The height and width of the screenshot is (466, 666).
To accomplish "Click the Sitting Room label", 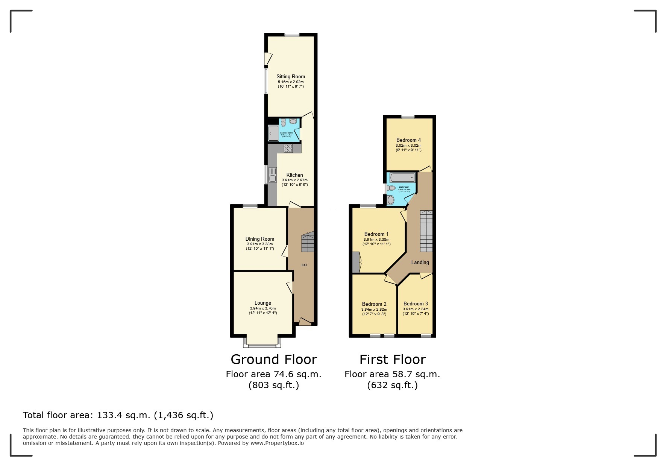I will point(291,76).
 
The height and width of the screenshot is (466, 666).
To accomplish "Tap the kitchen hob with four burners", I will point(288,148).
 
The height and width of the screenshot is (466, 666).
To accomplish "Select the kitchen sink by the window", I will point(272,175).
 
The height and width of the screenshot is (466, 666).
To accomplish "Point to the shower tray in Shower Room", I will point(273,133).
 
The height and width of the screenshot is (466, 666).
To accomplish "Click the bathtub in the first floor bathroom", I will point(402,177).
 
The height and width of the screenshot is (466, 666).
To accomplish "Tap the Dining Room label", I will point(260,239).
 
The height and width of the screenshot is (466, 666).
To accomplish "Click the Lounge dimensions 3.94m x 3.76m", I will point(262,308).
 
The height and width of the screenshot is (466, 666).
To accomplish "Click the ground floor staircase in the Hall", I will point(308,243).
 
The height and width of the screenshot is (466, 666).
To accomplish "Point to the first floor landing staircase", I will point(426,231).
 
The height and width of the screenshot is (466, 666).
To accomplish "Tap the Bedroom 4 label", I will point(408,140).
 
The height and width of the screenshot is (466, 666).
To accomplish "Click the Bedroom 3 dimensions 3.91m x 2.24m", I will point(416,309).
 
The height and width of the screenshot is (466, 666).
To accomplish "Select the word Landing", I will point(420,262).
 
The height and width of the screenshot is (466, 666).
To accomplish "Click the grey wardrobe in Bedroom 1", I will point(356,262).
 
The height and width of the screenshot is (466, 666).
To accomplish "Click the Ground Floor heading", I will point(274,360).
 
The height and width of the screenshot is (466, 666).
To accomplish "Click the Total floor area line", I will point(118,415).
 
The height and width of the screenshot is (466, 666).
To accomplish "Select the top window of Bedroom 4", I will point(408,117).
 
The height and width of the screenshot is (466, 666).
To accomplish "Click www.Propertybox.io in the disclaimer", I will point(277,443).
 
